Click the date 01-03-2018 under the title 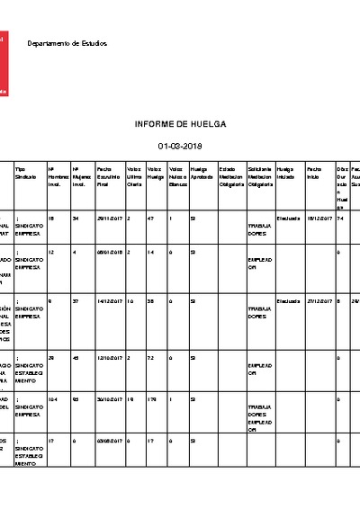coord(180,145)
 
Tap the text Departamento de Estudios coord(67,43)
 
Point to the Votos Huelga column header coord(155,174)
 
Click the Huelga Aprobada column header coord(200,174)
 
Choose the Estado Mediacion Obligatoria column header coord(231,178)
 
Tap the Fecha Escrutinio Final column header coord(108,178)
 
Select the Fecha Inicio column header coord(314,171)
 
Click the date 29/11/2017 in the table coord(108,219)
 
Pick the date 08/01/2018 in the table coord(108,254)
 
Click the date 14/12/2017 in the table coord(108,300)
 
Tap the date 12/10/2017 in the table coord(108,358)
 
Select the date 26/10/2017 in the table coord(108,399)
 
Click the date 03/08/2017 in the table coord(108,441)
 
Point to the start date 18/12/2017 coord(319,219)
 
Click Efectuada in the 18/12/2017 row coord(288,219)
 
